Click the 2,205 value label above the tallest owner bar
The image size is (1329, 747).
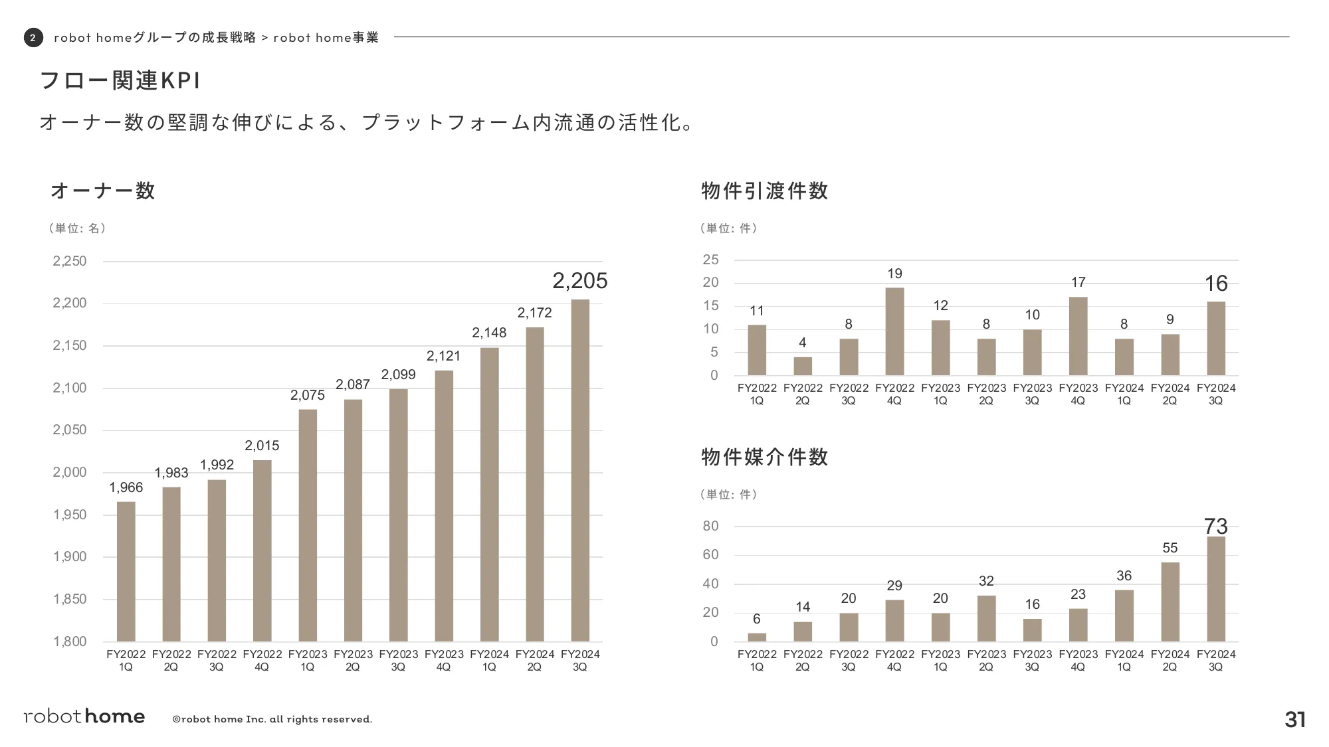[579, 281]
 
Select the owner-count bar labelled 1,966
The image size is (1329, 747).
[126, 571]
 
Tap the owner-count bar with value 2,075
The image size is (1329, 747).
[308, 525]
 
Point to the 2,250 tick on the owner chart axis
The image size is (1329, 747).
[70, 261]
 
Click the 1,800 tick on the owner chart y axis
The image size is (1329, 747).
[70, 641]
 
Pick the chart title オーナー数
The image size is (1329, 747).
[103, 191]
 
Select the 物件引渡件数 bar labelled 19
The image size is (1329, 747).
[894, 331]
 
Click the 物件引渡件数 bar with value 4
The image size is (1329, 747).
[803, 366]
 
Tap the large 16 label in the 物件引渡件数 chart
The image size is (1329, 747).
[1216, 284]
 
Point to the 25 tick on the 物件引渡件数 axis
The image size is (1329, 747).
[710, 260]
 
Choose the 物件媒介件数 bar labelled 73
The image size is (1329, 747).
[1216, 588]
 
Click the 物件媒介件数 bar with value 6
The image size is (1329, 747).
[757, 637]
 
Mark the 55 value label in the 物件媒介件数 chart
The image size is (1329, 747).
[1170, 548]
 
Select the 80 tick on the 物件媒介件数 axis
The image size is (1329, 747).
[710, 526]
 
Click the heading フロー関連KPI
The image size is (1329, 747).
[120, 80]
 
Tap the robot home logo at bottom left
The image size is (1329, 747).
[84, 716]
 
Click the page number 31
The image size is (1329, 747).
[1295, 720]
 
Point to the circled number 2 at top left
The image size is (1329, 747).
[33, 38]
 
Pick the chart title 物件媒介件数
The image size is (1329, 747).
[765, 457]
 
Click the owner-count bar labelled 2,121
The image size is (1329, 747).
[444, 505]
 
